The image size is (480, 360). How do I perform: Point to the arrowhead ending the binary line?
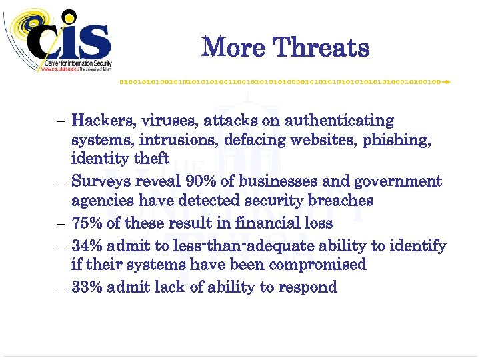447,81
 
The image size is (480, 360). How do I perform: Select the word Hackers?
103,121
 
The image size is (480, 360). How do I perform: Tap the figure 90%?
203,181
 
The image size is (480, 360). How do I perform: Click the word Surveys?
101,181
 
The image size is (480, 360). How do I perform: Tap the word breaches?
338,200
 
